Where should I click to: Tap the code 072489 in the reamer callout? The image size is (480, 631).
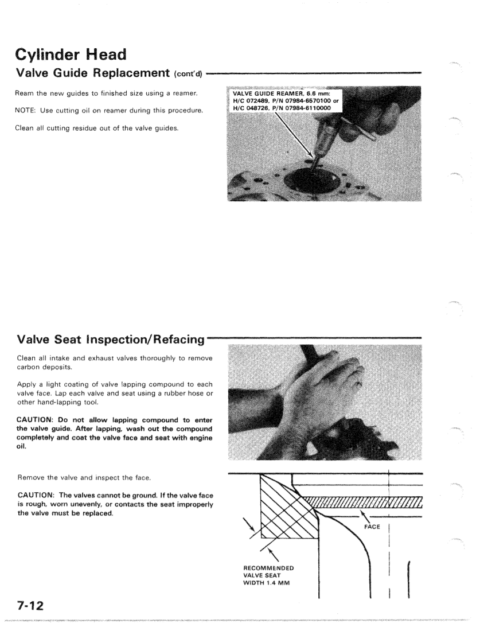pyautogui.click(x=260, y=103)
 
